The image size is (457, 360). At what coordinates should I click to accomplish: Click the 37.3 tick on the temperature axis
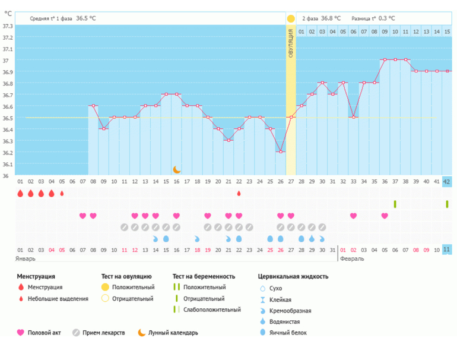point(7,26)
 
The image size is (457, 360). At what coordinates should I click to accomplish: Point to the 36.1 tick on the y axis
point(7,164)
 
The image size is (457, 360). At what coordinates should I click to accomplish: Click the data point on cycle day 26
point(281,152)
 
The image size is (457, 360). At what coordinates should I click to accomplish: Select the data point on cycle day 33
point(354,118)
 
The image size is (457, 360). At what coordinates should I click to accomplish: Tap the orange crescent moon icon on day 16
point(176,170)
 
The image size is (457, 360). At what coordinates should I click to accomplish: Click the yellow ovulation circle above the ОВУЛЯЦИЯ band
point(291,19)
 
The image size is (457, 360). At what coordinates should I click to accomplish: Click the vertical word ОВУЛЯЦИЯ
point(291,45)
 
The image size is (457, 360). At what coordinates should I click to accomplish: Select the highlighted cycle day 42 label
point(447,182)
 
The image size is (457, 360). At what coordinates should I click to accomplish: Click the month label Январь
point(26,259)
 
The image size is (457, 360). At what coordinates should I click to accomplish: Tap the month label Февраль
point(352,259)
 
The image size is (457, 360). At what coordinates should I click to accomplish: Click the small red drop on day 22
point(239,194)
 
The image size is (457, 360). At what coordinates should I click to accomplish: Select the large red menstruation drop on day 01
point(20,194)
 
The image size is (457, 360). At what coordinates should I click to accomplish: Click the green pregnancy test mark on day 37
point(395,204)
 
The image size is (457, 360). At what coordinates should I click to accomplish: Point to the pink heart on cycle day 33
point(354,216)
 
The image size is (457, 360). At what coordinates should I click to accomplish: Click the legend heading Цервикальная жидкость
point(293,276)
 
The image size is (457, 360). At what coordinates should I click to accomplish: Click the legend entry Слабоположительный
point(212,310)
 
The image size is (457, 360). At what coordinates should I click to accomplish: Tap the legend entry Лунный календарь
point(173,333)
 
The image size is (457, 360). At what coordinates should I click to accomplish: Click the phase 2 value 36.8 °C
point(331,19)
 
